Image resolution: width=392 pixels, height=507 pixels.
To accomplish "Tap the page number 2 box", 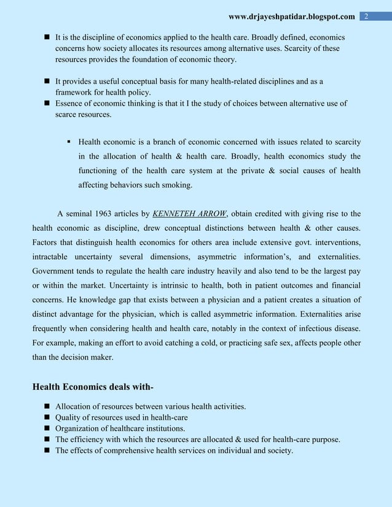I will point(366,15).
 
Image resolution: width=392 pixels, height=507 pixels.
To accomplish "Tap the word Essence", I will point(70,103).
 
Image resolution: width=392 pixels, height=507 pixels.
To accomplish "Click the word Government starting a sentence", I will point(58,270).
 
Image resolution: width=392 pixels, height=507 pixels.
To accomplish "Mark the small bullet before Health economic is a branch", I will point(69,141).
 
